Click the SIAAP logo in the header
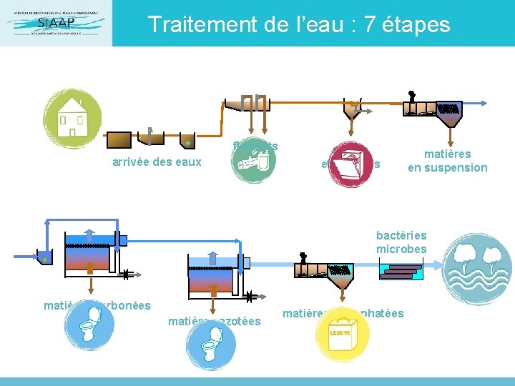point(56,23)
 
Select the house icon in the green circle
point(72,119)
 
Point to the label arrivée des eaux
point(157,162)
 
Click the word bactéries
point(401,235)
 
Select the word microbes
point(401,249)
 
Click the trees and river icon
point(478,269)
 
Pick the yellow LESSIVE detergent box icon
point(340,337)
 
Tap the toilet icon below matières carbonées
point(89,330)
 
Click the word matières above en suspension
point(447,154)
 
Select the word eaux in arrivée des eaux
point(189,162)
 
